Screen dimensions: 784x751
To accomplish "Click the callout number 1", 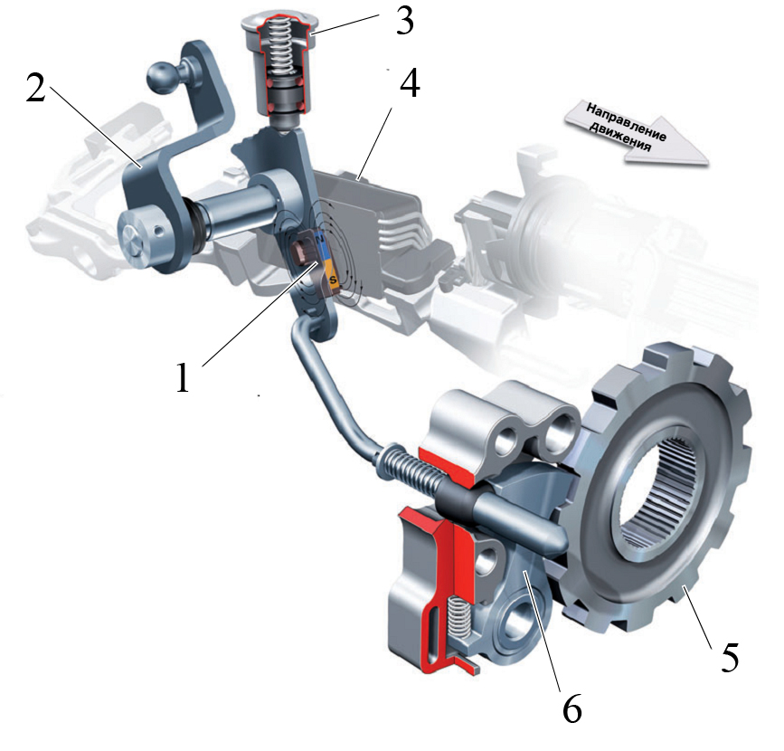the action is click(184, 376).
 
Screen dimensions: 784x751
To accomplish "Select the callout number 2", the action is click(35, 89).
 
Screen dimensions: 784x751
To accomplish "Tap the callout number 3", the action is click(404, 22).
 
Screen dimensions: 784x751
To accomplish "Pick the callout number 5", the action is click(730, 657).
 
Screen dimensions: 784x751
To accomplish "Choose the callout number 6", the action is click(572, 709).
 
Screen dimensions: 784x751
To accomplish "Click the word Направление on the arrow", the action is click(626, 122).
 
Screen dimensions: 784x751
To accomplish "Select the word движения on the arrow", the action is click(620, 137).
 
